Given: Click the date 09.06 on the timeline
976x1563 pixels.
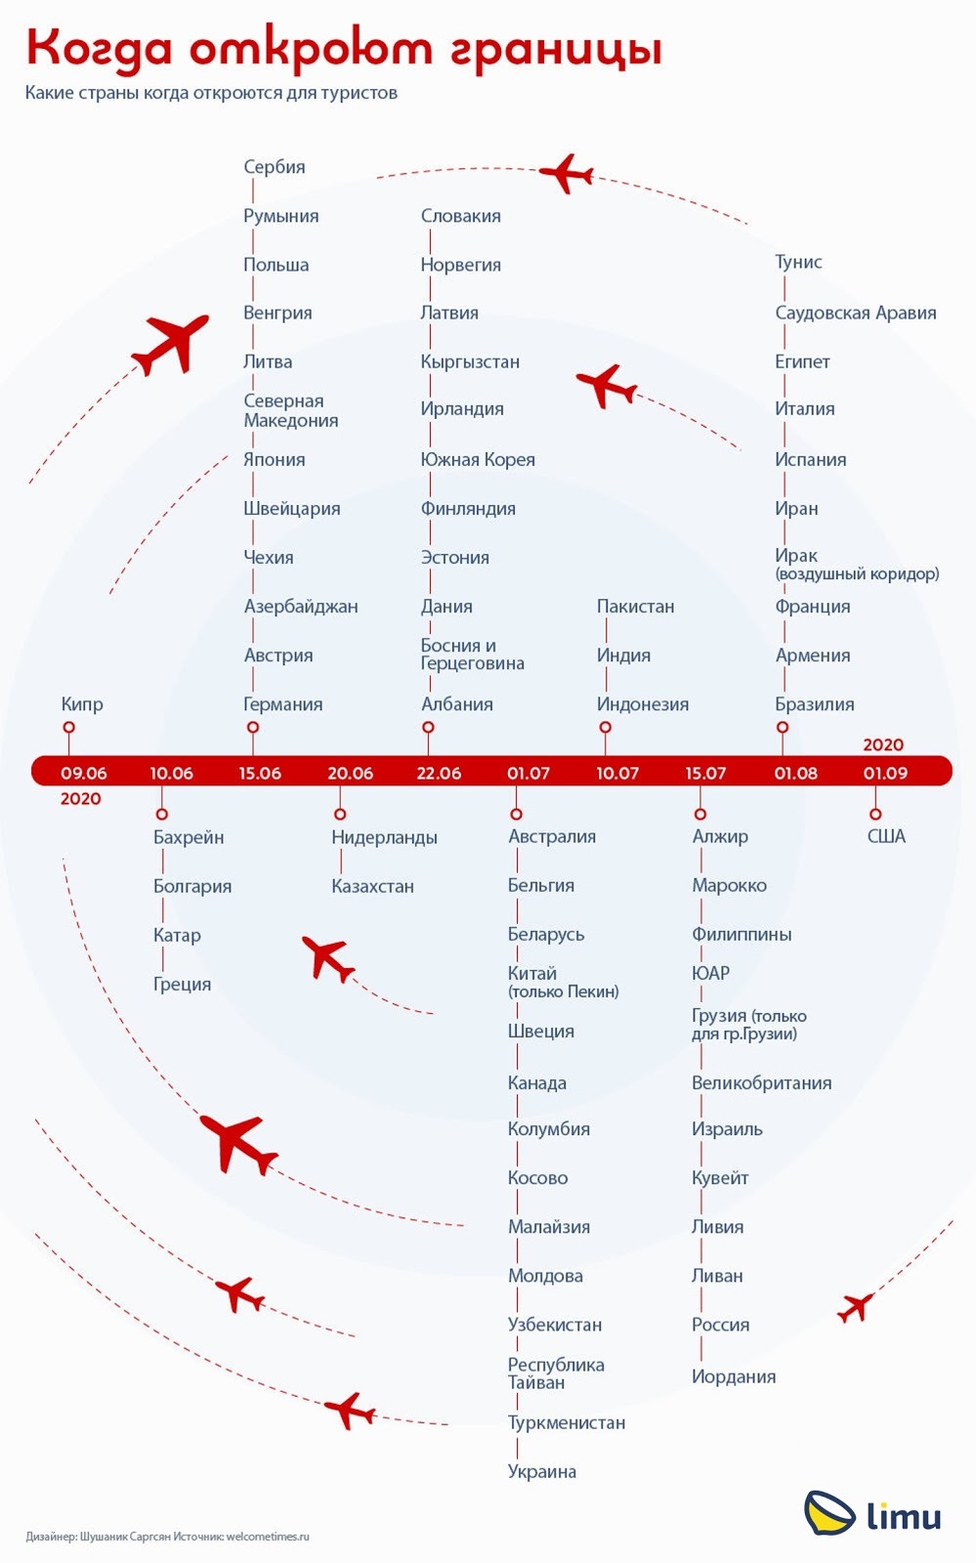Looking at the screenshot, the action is coord(84,773).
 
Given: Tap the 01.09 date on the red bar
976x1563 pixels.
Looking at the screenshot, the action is coord(885,773).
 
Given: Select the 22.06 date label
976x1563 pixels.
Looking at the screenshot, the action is coord(439,773).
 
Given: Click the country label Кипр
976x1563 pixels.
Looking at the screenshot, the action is coord(82,704).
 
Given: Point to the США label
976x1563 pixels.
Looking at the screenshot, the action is coord(886,836).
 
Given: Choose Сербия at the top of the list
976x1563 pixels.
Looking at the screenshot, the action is coord(275,167).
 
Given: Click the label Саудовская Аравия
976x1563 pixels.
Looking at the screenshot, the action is coord(855,314).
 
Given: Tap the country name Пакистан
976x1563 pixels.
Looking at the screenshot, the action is coord(636,607).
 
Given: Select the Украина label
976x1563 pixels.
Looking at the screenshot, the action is coord(542,1471).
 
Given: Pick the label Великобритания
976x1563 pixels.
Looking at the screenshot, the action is coord(762,1083).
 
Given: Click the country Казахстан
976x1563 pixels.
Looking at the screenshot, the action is coord(372,886).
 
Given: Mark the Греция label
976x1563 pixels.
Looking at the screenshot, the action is coord(182,985).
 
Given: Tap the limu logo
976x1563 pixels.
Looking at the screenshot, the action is coord(872,1514).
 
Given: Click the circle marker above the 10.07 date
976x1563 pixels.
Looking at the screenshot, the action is coord(606,727).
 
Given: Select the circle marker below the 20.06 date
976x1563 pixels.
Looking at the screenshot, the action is coord(340,815).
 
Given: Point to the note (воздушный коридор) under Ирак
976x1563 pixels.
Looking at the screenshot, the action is coord(858,574).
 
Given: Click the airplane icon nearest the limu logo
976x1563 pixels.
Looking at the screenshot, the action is coord(855,1308).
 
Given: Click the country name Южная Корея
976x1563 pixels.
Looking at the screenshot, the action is coord(478,460).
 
